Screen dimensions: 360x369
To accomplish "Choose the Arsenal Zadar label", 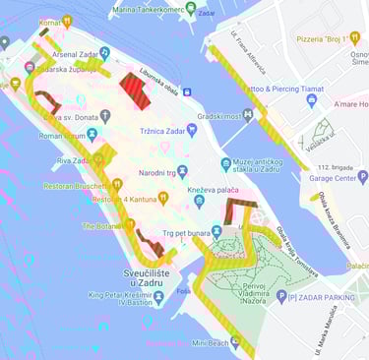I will pyautogui.click(x=65, y=53).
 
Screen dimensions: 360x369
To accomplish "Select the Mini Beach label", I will pyautogui.click(x=210, y=343).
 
